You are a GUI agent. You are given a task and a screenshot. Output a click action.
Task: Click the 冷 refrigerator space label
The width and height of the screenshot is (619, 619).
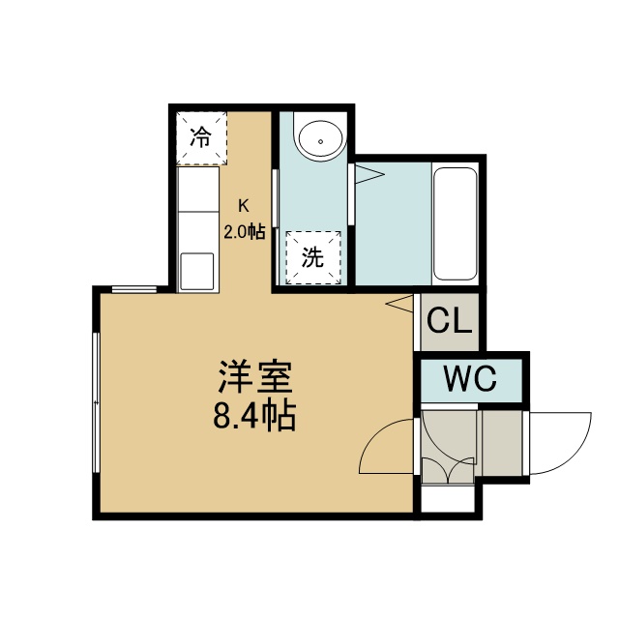point(201,137)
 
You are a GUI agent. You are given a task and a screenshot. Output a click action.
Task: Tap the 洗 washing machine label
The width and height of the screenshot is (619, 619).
point(312,257)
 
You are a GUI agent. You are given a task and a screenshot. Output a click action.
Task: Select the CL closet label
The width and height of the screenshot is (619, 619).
point(450,320)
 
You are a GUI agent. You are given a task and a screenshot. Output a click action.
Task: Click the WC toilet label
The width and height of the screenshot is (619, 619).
point(470,378)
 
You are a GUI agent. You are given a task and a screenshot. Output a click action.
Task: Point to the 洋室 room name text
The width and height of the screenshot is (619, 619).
point(255,376)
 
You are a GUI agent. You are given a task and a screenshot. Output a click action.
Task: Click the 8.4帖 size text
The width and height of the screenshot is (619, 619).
point(254,416)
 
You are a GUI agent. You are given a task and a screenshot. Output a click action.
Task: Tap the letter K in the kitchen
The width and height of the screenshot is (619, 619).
point(244,206)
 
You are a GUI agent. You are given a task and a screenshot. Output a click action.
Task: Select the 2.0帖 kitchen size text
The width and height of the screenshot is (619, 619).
point(245,232)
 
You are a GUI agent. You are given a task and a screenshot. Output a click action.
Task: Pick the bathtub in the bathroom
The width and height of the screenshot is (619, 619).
point(455,223)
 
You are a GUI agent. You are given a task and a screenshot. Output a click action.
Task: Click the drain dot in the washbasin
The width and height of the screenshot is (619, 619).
point(321,142)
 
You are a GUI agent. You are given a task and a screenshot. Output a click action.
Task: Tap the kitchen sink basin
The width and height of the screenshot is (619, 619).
point(197,271)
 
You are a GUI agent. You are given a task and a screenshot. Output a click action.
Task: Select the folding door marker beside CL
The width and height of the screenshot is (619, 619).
point(399,303)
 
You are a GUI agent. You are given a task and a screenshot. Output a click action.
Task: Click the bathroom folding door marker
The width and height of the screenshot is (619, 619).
point(369,174)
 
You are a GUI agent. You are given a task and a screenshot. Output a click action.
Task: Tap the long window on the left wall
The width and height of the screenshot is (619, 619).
point(96,402)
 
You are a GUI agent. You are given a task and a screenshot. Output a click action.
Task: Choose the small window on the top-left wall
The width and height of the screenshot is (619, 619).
point(134,290)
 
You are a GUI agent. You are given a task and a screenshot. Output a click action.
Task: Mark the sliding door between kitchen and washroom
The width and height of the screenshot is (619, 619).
point(276,198)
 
